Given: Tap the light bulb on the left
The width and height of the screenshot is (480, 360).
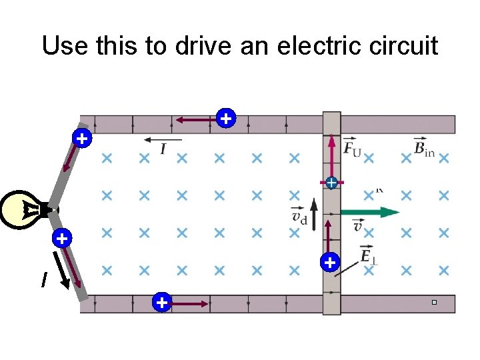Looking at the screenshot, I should [x=23, y=210].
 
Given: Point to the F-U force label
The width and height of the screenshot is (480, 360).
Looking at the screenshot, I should [x=352, y=148].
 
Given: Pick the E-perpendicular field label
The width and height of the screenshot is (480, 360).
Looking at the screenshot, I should [x=367, y=255].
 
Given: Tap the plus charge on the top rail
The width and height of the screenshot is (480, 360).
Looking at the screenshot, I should [x=226, y=119].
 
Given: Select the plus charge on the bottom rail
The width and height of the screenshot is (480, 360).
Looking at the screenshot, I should [x=161, y=303].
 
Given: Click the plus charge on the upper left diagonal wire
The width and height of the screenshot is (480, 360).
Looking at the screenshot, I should [x=81, y=139].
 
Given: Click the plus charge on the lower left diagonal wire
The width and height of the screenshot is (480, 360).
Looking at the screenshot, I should [x=61, y=238].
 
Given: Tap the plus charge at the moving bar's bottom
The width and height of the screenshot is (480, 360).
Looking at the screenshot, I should [x=329, y=262].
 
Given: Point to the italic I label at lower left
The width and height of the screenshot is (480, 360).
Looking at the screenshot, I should [x=44, y=281].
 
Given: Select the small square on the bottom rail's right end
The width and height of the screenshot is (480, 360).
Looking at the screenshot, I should [x=433, y=303].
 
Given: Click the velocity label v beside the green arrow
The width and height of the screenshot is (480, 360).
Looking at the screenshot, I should [x=358, y=227].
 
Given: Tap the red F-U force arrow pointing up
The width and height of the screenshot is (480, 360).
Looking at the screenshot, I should [x=331, y=156].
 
